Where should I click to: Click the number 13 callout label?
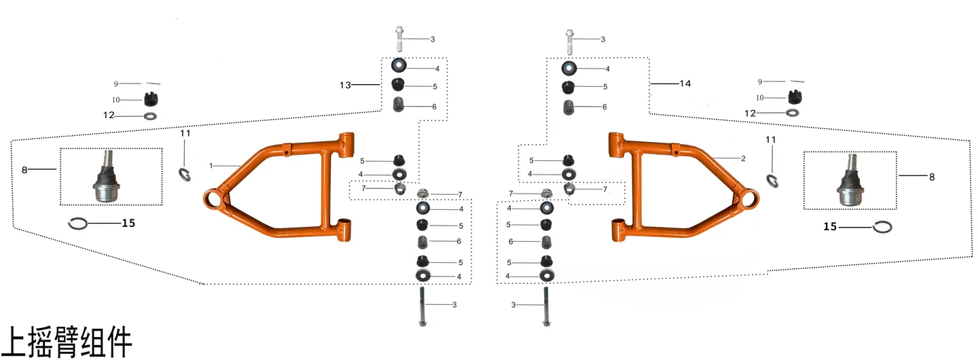pos(345,85)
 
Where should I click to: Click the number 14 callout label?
pos(685,84)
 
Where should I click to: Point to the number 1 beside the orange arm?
pos(211,166)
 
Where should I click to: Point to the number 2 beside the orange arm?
pos(743,158)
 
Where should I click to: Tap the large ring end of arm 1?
pos(215,201)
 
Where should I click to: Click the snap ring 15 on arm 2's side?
pos(882,227)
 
